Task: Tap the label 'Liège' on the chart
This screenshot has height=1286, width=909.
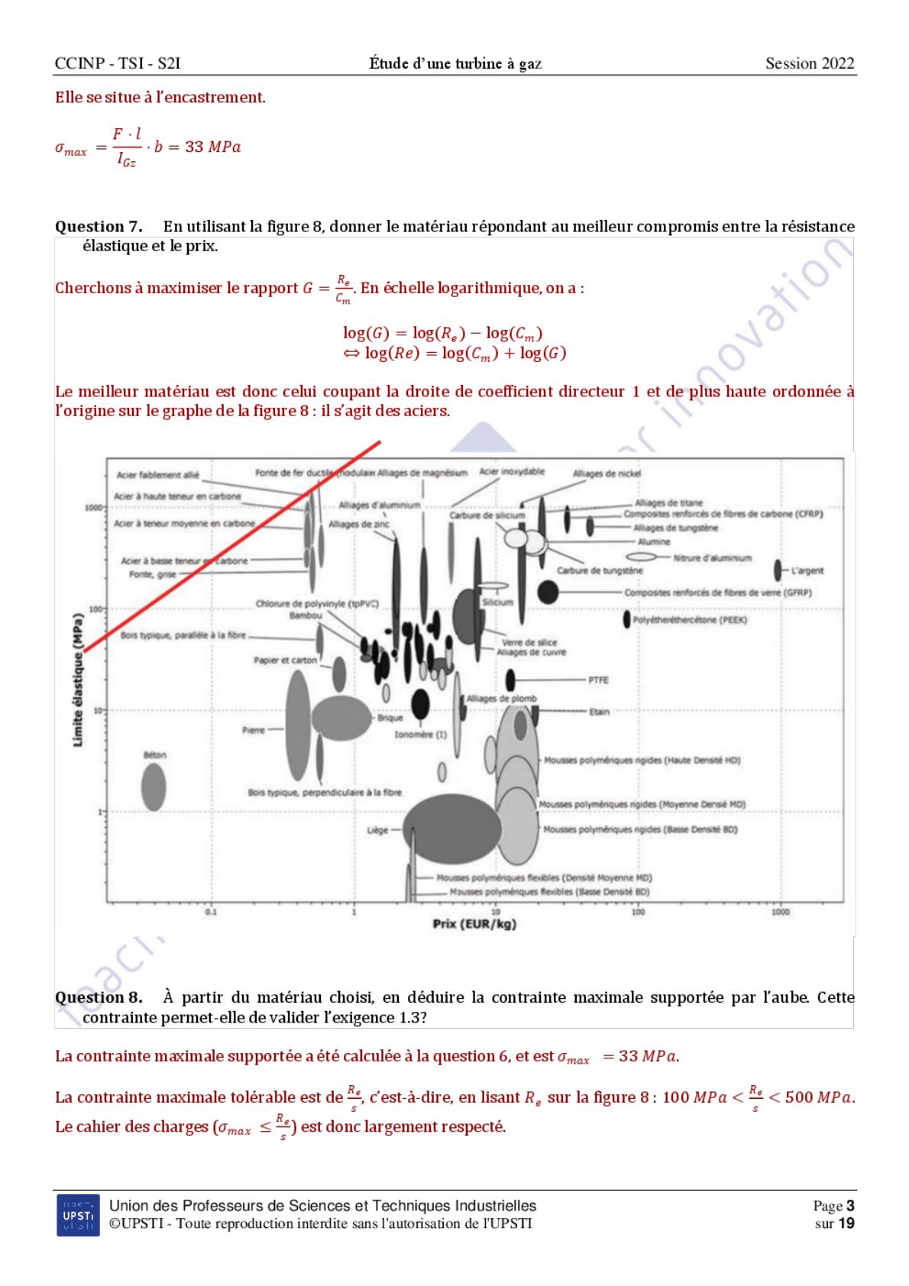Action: [x=377, y=829]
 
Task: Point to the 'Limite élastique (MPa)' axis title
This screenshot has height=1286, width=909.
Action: [x=79, y=693]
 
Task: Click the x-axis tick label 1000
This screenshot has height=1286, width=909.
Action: [x=781, y=912]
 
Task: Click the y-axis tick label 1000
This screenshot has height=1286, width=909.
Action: [x=93, y=508]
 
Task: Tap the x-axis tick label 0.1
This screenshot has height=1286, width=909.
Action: [x=212, y=912]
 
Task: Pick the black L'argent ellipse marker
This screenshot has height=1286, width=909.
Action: [x=778, y=570]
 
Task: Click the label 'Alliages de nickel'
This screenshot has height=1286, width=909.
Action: [x=607, y=473]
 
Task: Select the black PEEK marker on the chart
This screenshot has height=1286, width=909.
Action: [x=627, y=619]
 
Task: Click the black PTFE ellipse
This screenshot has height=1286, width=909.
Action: [x=511, y=679]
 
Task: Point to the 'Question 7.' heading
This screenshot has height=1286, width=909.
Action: [x=99, y=227]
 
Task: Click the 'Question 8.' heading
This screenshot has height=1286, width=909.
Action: [x=99, y=997]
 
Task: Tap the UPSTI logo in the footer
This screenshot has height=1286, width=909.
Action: [x=78, y=1214]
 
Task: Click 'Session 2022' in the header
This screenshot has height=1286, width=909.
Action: [x=810, y=63]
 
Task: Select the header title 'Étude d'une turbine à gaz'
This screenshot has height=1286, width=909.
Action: [x=455, y=63]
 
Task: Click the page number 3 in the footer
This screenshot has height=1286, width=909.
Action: [x=849, y=1207]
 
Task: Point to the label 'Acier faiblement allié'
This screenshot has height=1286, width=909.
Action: [x=157, y=475]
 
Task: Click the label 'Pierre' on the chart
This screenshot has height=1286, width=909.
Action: [x=254, y=730]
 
